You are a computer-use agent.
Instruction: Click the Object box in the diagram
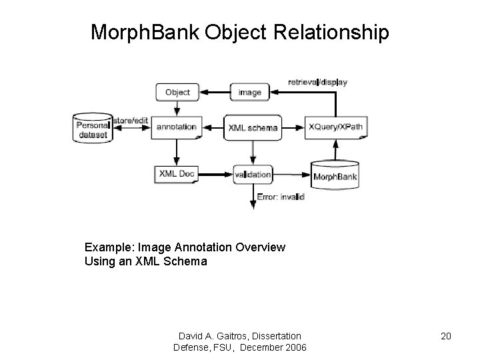pyautogui.click(x=177, y=92)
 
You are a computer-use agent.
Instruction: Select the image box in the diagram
pyautogui.click(x=249, y=92)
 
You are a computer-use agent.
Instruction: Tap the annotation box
pyautogui.click(x=176, y=127)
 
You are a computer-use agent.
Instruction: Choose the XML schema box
pyautogui.click(x=253, y=127)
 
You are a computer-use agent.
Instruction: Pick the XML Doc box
pyautogui.click(x=176, y=174)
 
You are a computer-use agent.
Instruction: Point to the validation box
pyautogui.click(x=253, y=174)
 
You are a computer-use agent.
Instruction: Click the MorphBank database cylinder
pyautogui.click(x=335, y=175)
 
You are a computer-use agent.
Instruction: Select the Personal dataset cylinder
pyautogui.click(x=92, y=128)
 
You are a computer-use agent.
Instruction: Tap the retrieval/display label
pyautogui.click(x=317, y=82)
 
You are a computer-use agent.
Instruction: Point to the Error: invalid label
pyautogui.click(x=281, y=197)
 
